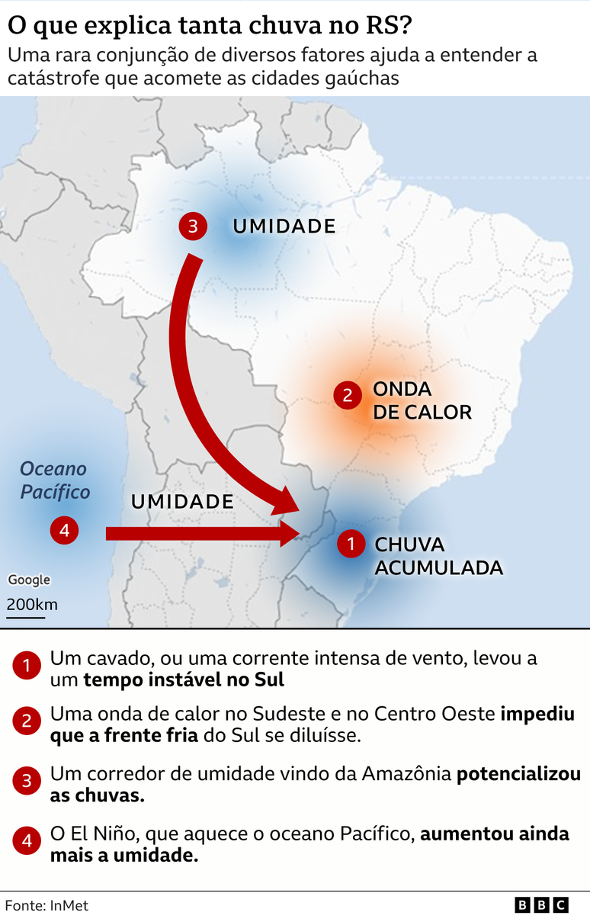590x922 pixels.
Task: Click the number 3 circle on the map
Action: click(x=193, y=226)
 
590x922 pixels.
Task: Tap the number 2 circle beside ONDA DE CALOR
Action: click(x=348, y=395)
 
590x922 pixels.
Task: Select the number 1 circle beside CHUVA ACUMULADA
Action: click(x=351, y=544)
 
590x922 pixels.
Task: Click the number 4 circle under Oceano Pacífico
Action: click(x=64, y=530)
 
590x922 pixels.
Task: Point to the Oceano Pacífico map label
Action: click(x=54, y=480)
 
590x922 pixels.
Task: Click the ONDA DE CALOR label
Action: click(x=422, y=400)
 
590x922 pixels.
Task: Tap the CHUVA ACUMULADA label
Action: click(x=438, y=556)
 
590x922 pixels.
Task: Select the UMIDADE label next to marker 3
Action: click(x=284, y=226)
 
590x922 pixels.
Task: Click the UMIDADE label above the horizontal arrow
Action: click(x=182, y=501)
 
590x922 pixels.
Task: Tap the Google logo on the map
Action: click(x=29, y=580)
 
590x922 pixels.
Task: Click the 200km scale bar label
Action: click(x=32, y=605)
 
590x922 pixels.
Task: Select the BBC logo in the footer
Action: click(x=542, y=905)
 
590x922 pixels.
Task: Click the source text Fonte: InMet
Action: click(x=47, y=906)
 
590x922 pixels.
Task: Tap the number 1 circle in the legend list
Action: click(x=27, y=667)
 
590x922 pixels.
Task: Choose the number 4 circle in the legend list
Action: click(x=27, y=842)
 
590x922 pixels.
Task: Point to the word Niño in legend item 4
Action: click(x=112, y=834)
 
